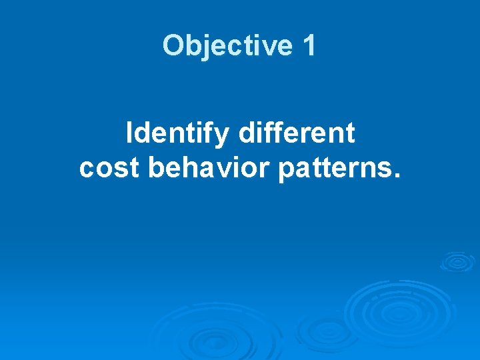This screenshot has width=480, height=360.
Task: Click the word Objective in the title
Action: click(x=227, y=46)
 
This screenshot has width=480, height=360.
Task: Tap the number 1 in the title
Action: click(x=309, y=46)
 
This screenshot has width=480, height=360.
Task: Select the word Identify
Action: click(x=177, y=134)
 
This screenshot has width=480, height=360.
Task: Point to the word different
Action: click(x=296, y=134)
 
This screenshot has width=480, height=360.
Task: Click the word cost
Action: click(x=109, y=169)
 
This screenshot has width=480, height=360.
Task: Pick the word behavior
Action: click(x=208, y=169)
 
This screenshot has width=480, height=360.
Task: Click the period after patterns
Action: click(x=398, y=177)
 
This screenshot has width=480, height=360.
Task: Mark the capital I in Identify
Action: click(x=130, y=134)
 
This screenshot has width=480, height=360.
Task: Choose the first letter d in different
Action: click(x=245, y=134)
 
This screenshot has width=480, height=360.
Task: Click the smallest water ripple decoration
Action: click(x=457, y=261)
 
